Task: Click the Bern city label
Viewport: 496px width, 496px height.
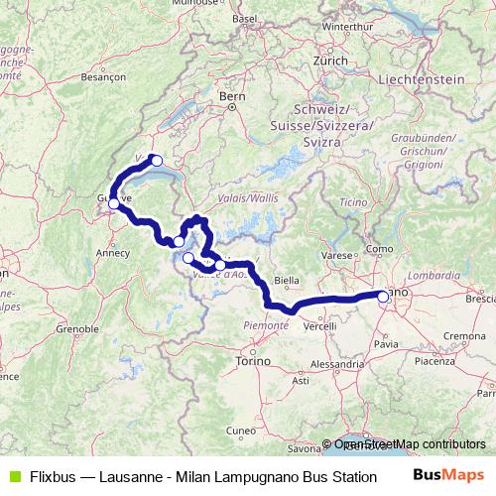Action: (x=231, y=96)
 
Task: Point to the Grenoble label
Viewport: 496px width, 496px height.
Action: (x=77, y=326)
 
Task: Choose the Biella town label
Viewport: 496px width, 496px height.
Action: (x=286, y=281)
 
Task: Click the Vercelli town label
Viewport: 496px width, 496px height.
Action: (x=320, y=326)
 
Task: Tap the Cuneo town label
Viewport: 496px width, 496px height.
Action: (x=241, y=430)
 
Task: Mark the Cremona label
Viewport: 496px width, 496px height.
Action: (x=459, y=338)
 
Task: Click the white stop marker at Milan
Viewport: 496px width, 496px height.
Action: (x=383, y=295)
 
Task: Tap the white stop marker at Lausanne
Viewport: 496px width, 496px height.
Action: (x=155, y=160)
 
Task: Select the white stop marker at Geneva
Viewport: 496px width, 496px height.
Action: (x=114, y=203)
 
